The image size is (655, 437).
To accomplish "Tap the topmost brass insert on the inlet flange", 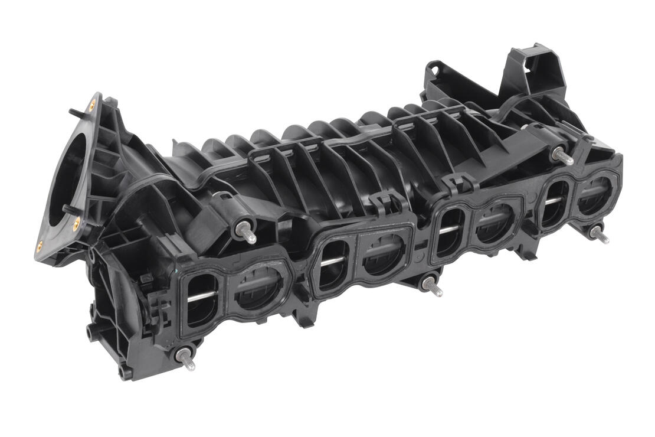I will click(91, 107).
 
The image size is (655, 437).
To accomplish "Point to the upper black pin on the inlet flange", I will click(73, 110).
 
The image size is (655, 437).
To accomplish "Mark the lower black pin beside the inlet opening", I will click(66, 208).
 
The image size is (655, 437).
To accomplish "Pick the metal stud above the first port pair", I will click(247, 233).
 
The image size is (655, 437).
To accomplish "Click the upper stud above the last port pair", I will click(562, 156).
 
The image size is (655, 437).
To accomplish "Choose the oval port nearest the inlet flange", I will click(201, 298).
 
